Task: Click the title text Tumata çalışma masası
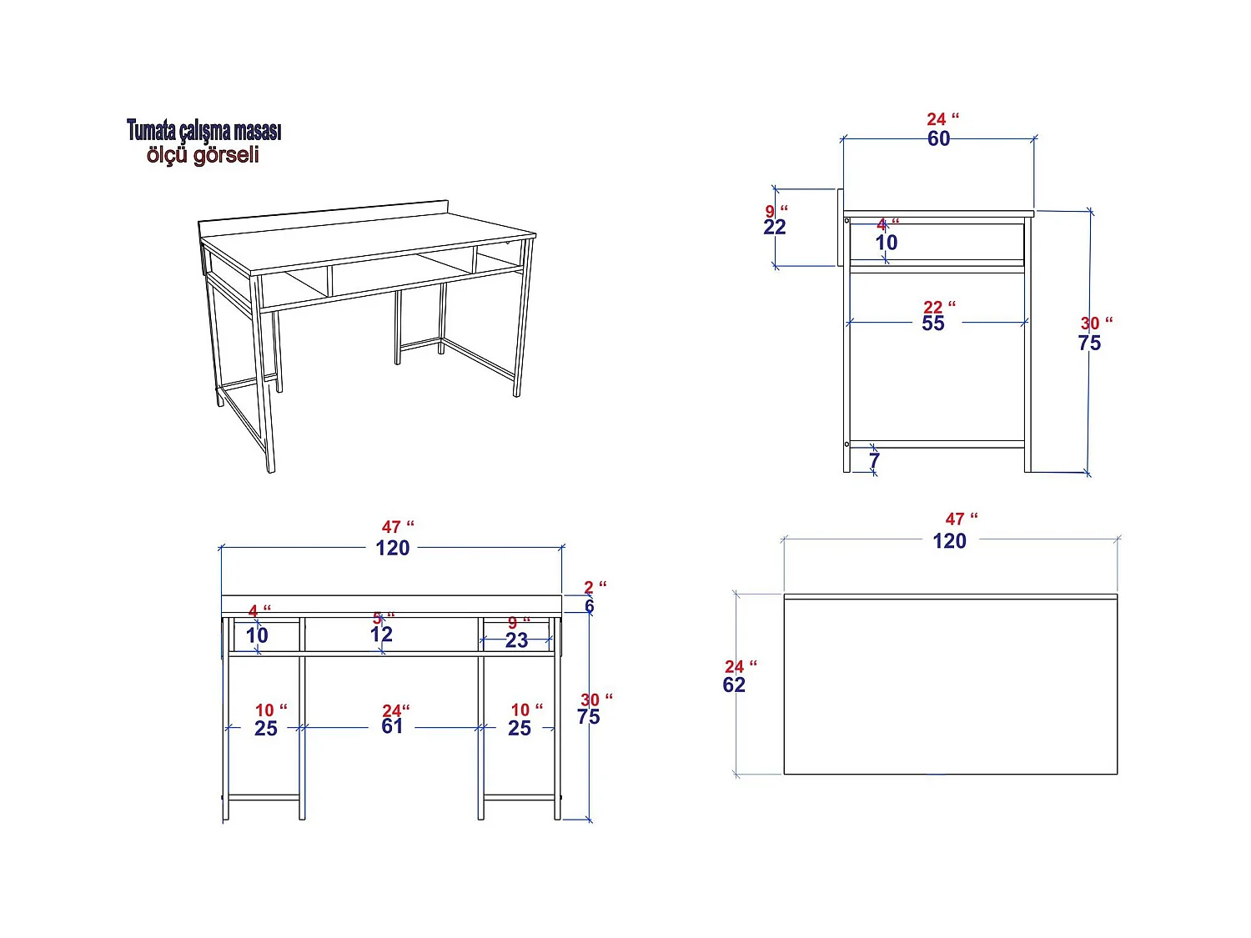tap(204, 131)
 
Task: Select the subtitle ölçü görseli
tap(203, 155)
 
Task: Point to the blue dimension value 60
tap(938, 139)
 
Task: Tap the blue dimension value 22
tap(774, 228)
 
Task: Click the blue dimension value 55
tap(933, 324)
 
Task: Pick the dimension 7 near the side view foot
tap(874, 460)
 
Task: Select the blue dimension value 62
tap(734, 685)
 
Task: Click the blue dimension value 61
tap(392, 727)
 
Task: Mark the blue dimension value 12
tap(381, 635)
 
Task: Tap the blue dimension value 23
tap(516, 640)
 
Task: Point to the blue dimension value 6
tap(590, 606)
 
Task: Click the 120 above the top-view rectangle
tap(949, 542)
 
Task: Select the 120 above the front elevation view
tap(392, 549)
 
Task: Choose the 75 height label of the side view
tap(1089, 344)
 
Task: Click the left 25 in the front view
tap(265, 729)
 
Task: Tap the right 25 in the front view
tap(519, 729)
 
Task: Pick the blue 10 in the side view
tap(886, 243)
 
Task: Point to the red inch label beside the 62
tap(740, 666)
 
